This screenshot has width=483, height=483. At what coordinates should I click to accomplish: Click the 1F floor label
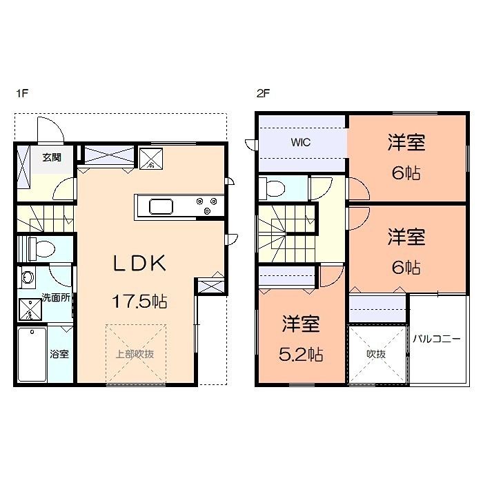pos(22,93)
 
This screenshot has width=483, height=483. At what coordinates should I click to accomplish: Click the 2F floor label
pos(263,93)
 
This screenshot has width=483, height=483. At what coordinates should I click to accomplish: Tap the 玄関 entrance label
pos(52,157)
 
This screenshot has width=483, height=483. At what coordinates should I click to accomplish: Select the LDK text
pos(139,264)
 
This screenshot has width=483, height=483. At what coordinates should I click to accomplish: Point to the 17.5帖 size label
pos(139,302)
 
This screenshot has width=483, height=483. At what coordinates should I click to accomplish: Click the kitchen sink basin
pos(161,206)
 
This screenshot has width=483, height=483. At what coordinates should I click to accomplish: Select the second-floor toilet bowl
pos(273,188)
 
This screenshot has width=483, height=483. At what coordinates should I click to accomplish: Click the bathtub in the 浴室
pos(32,354)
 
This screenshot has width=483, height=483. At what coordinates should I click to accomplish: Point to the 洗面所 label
pos(56,298)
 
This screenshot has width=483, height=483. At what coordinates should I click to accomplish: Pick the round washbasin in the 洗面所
pos(28,277)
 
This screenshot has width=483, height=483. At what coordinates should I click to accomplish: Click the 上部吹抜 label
pos(135,354)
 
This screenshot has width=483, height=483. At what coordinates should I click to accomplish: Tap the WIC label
pos(301,142)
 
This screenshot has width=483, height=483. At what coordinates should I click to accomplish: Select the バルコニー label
pos(437,339)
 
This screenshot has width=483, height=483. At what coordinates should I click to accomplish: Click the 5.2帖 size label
pos(301,354)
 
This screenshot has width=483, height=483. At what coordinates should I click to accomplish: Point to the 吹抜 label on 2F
pos(376,354)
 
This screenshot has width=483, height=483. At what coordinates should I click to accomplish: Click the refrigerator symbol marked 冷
pos(151,159)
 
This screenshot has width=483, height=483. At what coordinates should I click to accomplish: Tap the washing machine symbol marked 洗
pos(30,309)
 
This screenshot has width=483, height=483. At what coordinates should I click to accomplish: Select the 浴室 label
pos(59,354)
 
